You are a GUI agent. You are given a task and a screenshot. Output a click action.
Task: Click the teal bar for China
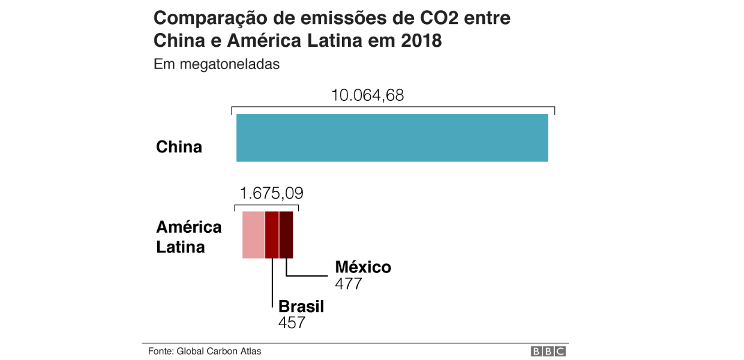pyautogui.click(x=392, y=137)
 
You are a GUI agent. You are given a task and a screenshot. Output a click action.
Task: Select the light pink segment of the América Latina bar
pyautogui.click(x=253, y=235)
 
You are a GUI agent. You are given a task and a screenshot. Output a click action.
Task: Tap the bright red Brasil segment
pyautogui.click(x=272, y=235)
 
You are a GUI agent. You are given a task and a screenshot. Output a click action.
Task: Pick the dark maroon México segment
pyautogui.click(x=286, y=235)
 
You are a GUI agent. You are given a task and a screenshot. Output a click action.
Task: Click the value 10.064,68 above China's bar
pyautogui.click(x=368, y=95)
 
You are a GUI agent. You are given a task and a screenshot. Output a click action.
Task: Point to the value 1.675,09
pyautogui.click(x=271, y=193)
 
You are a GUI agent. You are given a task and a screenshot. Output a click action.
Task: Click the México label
pyautogui.click(x=363, y=267)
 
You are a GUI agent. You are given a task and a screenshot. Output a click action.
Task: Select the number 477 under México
pyautogui.click(x=349, y=283)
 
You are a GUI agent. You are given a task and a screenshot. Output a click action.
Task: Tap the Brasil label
pyautogui.click(x=301, y=307)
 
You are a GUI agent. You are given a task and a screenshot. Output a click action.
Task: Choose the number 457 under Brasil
pyautogui.click(x=292, y=323)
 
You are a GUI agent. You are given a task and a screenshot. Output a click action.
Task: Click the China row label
pyautogui.click(x=179, y=147)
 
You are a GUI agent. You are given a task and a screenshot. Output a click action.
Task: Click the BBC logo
pyautogui.click(x=548, y=352)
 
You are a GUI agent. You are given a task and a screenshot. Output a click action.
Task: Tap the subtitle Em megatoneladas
pyautogui.click(x=217, y=64)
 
